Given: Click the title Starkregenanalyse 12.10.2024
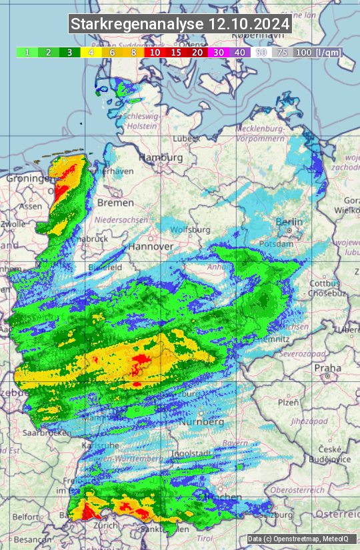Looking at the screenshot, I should pyautogui.click(x=180, y=24).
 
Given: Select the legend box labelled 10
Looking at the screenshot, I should pyautogui.click(x=155, y=52).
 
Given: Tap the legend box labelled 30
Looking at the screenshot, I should pyautogui.click(x=218, y=52).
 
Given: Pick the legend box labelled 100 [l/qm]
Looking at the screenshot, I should pyautogui.click(x=317, y=52).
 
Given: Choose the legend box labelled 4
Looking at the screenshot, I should pyautogui.click(x=91, y=52).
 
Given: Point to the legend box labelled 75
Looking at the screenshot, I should pyautogui.click(x=282, y=52).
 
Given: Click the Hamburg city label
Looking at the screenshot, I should pyautogui.click(x=161, y=158).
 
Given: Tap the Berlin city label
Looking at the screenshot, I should pyautogui.click(x=289, y=222).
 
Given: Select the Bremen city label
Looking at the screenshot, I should pyautogui.click(x=111, y=202).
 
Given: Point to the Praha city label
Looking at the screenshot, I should pyautogui.click(x=327, y=367).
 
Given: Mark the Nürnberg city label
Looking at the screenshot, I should pyautogui.click(x=201, y=422).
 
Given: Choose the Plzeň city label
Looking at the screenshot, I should pyautogui.click(x=288, y=402).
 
